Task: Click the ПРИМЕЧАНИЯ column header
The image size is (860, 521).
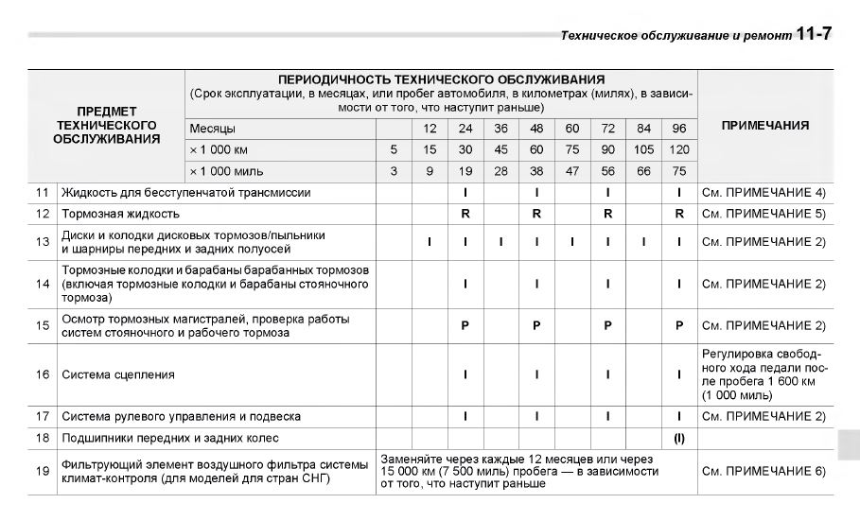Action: coord(764,125)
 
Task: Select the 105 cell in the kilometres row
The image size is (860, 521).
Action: coord(643,149)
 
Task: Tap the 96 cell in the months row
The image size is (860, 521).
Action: coord(679,128)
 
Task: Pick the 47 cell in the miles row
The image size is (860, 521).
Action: coord(572,171)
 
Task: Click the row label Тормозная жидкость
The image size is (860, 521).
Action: coord(120,214)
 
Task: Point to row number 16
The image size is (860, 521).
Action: coord(42,374)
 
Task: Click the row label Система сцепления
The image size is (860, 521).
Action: coord(118,374)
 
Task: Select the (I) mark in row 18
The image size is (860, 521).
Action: coord(679,439)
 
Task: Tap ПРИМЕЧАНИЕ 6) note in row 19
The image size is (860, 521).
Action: coord(764,470)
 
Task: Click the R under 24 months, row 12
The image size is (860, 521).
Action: coord(465,214)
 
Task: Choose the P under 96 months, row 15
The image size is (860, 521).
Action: coord(679,325)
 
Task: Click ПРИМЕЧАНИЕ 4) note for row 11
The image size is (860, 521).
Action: coord(764,193)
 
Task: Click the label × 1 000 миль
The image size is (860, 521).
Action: coord(226,171)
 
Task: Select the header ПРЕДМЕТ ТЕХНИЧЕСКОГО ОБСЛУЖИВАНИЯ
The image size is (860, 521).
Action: coord(106,125)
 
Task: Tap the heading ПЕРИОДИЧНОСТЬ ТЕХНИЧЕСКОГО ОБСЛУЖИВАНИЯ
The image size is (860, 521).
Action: coord(441,79)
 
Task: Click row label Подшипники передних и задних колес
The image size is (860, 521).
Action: coord(170,439)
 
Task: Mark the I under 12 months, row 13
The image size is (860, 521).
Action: coord(430,242)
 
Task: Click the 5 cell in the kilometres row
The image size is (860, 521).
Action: coord(394,149)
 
